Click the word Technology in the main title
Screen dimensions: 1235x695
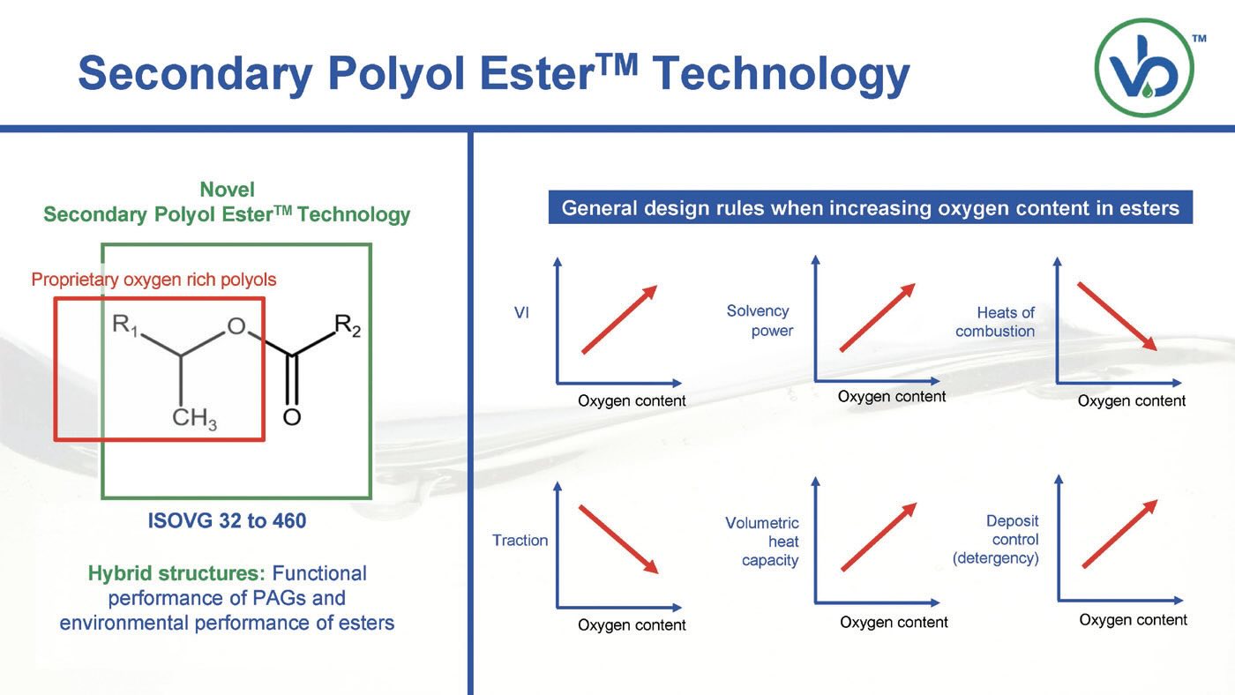point(782,75)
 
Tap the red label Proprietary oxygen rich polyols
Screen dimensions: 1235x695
point(153,280)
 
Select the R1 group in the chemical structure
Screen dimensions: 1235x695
point(124,325)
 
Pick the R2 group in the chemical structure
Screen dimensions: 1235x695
point(348,325)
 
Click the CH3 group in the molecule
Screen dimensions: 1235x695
point(194,418)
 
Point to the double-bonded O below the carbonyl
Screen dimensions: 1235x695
point(292,416)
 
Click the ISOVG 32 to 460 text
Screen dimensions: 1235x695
point(227,521)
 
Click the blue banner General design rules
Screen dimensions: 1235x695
point(871,207)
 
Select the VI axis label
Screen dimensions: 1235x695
point(521,313)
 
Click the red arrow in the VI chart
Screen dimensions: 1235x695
point(619,319)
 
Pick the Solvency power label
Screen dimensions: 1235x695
point(760,321)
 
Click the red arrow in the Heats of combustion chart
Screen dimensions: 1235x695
point(1117,317)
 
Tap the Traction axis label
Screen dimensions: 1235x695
point(520,540)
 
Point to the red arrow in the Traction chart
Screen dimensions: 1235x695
point(618,540)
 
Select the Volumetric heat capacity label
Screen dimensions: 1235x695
point(762,542)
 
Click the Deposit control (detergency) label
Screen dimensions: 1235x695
point(996,540)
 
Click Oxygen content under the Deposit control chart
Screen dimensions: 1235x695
point(1133,620)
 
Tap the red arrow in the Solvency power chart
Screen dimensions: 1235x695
point(878,318)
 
